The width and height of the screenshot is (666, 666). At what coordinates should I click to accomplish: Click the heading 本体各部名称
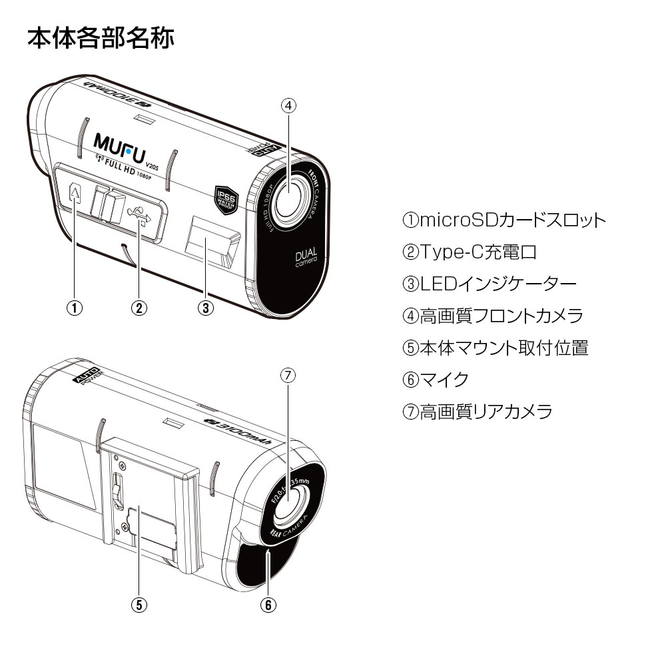click(101, 38)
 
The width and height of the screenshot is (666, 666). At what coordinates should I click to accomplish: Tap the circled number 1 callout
click(75, 308)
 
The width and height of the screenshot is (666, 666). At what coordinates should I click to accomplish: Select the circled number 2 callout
click(139, 308)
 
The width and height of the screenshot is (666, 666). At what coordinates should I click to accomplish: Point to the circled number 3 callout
click(206, 308)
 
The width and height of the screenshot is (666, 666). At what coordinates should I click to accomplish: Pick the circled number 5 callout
click(138, 604)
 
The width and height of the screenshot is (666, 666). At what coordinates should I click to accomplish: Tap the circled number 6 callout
click(267, 604)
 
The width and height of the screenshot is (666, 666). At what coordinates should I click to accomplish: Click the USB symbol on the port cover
click(142, 214)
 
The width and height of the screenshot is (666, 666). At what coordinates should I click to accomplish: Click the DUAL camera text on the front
click(306, 259)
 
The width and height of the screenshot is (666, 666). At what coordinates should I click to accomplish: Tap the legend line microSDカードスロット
click(504, 220)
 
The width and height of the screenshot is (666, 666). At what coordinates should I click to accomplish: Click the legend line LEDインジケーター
click(489, 284)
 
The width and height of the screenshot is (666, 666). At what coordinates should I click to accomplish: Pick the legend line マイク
click(435, 380)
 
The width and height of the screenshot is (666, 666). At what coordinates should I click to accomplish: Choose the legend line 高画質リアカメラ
click(477, 412)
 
